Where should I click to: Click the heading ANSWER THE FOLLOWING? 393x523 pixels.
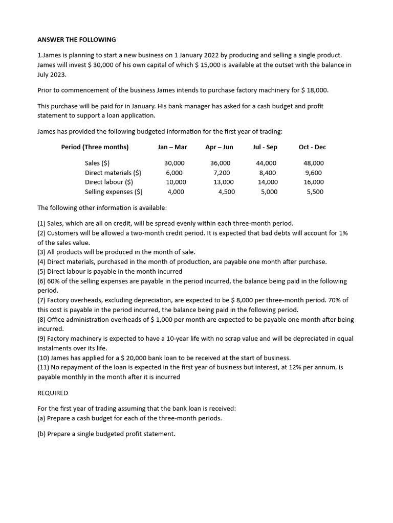click(x=77, y=39)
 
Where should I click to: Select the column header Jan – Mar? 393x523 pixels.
click(x=172, y=147)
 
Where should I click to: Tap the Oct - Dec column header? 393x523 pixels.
click(x=312, y=147)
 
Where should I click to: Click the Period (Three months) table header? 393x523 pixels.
click(x=95, y=147)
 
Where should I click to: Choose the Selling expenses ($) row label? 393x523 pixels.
click(x=114, y=192)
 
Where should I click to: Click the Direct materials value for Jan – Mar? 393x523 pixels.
click(x=174, y=173)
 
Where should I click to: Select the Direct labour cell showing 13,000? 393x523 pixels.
click(x=223, y=182)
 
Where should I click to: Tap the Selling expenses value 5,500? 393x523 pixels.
click(x=315, y=192)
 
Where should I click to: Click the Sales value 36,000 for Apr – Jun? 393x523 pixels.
click(x=220, y=163)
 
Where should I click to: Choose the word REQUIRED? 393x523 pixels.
click(x=53, y=393)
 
